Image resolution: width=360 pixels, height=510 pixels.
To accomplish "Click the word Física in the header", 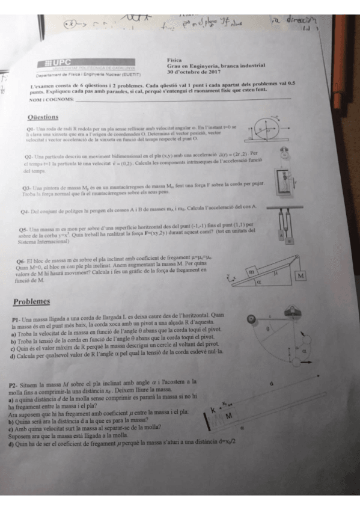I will [175, 60].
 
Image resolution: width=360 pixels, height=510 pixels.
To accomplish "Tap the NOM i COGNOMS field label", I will [50, 99].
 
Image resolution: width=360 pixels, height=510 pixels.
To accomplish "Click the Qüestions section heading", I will [43, 117].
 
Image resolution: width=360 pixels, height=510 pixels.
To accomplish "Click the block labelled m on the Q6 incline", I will [254, 271].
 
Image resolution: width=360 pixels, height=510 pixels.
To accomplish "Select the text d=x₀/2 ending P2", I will [222, 441].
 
